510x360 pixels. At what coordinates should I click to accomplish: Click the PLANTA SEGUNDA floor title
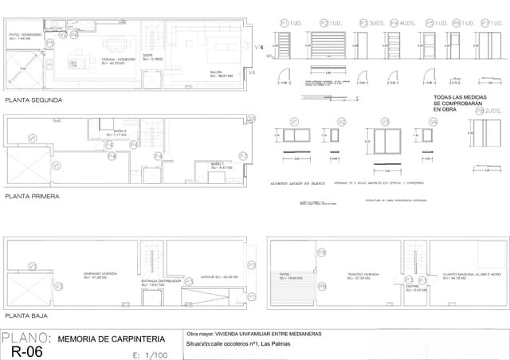point(33,100)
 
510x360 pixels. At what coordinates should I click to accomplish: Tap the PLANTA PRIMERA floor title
point(33,194)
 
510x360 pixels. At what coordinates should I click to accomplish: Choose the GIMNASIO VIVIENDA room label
point(101,275)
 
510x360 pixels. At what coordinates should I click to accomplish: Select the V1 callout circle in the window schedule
point(295,122)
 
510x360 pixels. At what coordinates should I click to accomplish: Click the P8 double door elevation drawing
point(486,48)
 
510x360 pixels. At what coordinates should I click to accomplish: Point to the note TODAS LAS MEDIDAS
point(454,97)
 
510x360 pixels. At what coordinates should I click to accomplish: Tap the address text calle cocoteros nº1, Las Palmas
point(239,344)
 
